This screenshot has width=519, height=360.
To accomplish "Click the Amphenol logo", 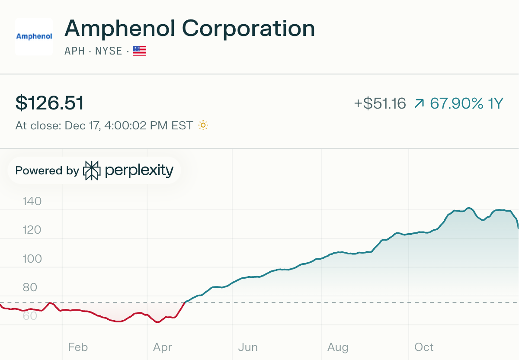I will coord(34,36).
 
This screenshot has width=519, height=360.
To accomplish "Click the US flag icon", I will coord(139,51).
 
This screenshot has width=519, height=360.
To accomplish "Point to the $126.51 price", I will coord(50,103).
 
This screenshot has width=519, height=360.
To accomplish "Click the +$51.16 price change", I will coord(380,103).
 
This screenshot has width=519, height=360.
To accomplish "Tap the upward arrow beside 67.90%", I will coord(419,103).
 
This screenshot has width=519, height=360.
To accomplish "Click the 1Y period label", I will coord(496,103).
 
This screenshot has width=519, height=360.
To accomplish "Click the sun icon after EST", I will coord(203,125).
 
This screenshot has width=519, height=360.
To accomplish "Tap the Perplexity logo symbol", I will coord(92,170).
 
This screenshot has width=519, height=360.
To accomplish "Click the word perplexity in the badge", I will coord(139,170).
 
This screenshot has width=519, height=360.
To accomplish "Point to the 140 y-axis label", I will coord(32,201).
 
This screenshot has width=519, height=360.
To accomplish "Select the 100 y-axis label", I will coord(32,259).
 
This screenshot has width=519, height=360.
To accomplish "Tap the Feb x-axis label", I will coord(78,347).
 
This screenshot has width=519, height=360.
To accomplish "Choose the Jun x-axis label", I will coord(248,347).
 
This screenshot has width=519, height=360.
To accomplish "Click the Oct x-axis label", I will coord(424,347).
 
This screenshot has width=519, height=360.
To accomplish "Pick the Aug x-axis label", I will coord(337,347).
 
